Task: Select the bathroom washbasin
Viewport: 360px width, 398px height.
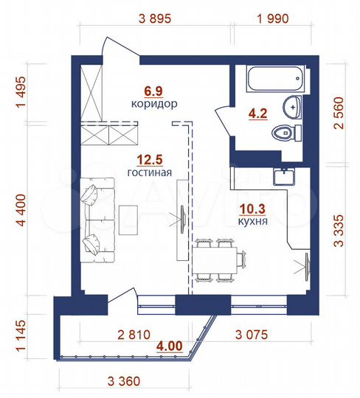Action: click(x=294, y=107)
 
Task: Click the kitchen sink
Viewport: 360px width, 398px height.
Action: click(x=283, y=176)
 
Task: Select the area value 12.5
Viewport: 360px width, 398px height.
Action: click(x=154, y=159)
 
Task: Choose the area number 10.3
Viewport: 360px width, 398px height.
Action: click(x=253, y=207)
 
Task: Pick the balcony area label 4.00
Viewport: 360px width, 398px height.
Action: click(x=168, y=343)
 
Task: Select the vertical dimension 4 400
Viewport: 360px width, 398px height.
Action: click(x=21, y=212)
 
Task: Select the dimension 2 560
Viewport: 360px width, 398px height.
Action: click(x=339, y=116)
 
